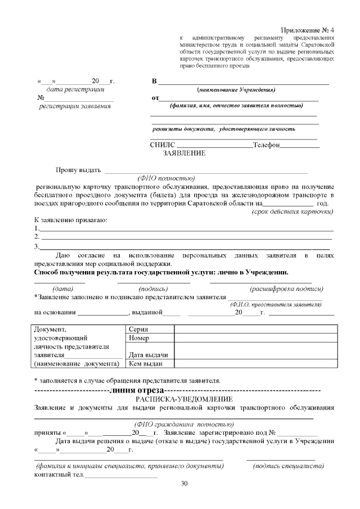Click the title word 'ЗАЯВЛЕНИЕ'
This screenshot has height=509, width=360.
[184, 153]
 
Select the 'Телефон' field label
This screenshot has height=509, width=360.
[266, 145]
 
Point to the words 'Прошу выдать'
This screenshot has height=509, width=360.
[78, 170]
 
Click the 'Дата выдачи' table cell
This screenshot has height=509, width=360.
[148, 355]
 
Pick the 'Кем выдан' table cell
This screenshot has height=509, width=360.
[146, 364]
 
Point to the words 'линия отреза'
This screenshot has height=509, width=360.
[138, 390]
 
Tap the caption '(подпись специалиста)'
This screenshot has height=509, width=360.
[288, 466]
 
